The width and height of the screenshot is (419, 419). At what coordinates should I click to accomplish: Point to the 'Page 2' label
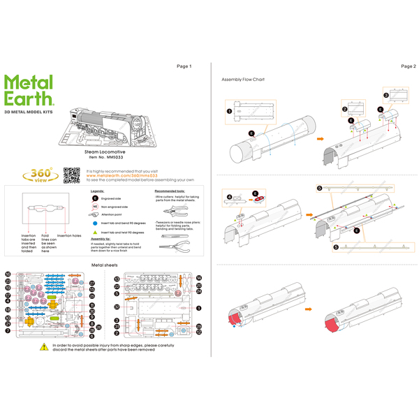tap(409, 66)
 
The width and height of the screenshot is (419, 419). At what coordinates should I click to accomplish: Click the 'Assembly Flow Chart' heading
tap(243, 80)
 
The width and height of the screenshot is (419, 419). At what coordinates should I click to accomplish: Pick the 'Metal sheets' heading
tap(105, 265)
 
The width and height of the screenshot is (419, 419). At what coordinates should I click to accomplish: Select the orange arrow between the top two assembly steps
tap(321, 138)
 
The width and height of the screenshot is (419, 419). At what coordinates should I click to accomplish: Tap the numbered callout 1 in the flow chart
tap(228, 110)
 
